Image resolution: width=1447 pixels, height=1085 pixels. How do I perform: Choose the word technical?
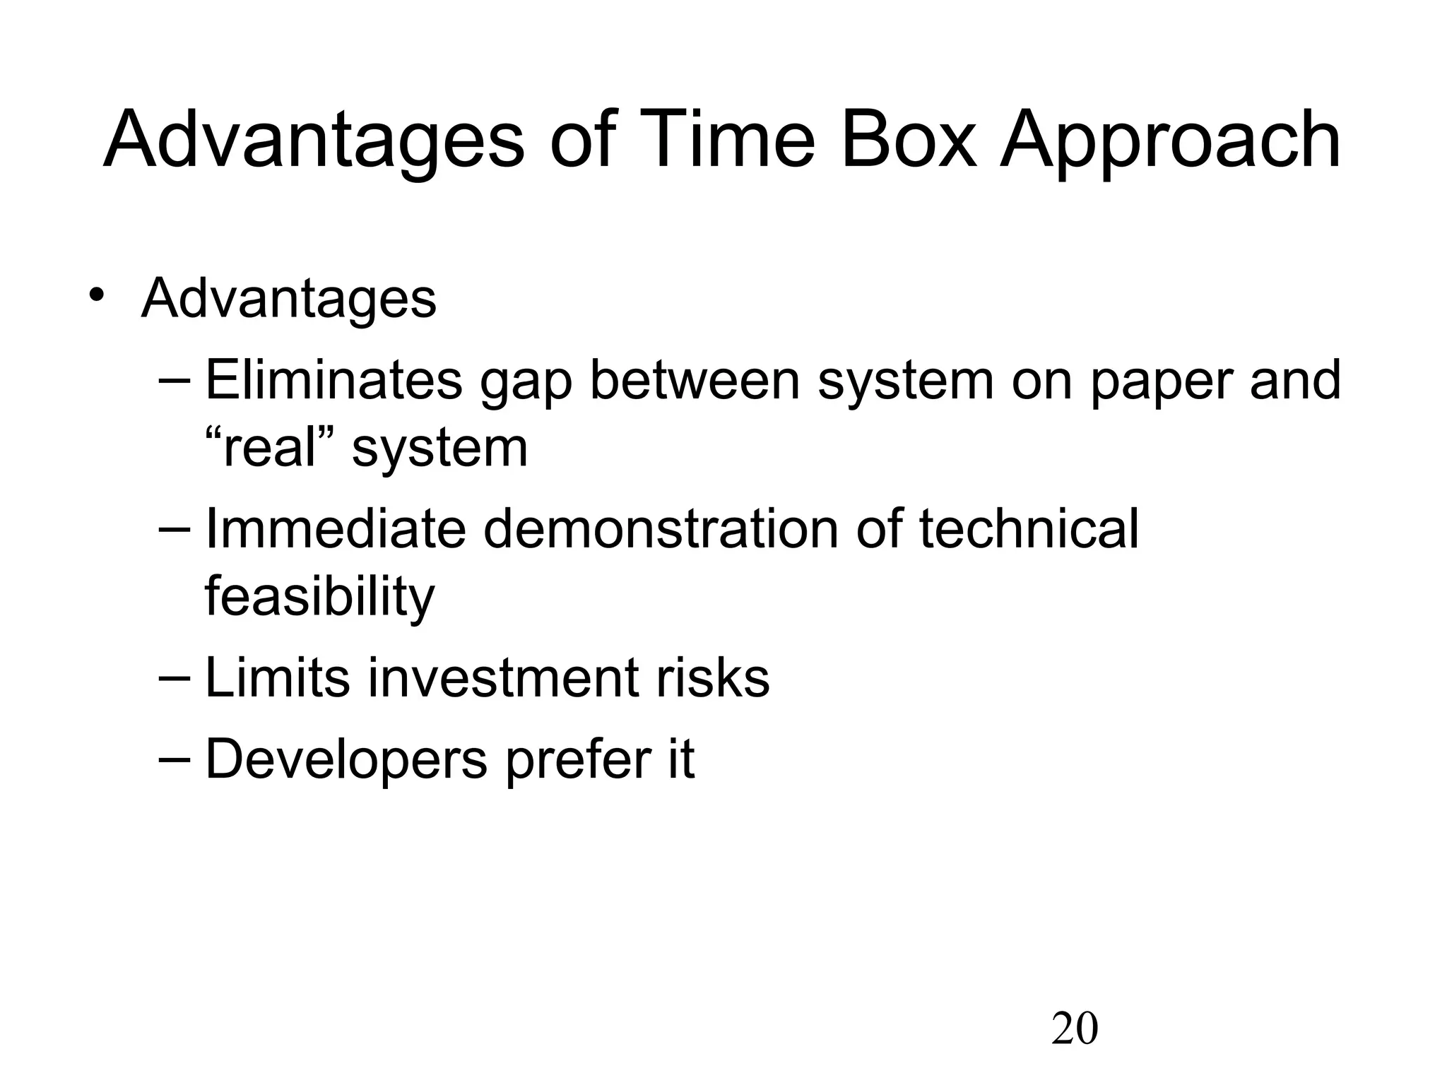click(1029, 529)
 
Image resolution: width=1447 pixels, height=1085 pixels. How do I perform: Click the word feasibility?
click(319, 598)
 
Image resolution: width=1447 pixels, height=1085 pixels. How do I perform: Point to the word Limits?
click(277, 678)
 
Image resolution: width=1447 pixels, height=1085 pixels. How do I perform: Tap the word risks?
click(712, 678)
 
